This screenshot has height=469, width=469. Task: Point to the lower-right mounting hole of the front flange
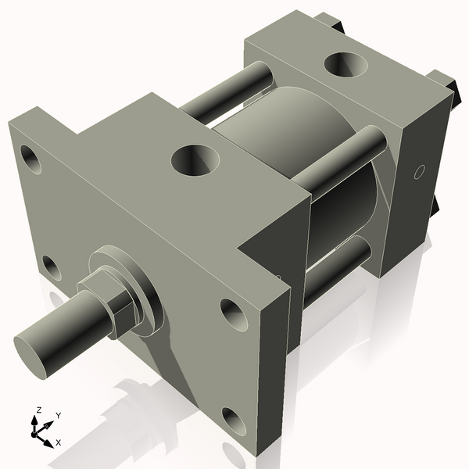(x=232, y=418)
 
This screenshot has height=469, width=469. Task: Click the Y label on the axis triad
(x=59, y=415)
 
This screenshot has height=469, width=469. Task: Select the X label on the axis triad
(x=58, y=442)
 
